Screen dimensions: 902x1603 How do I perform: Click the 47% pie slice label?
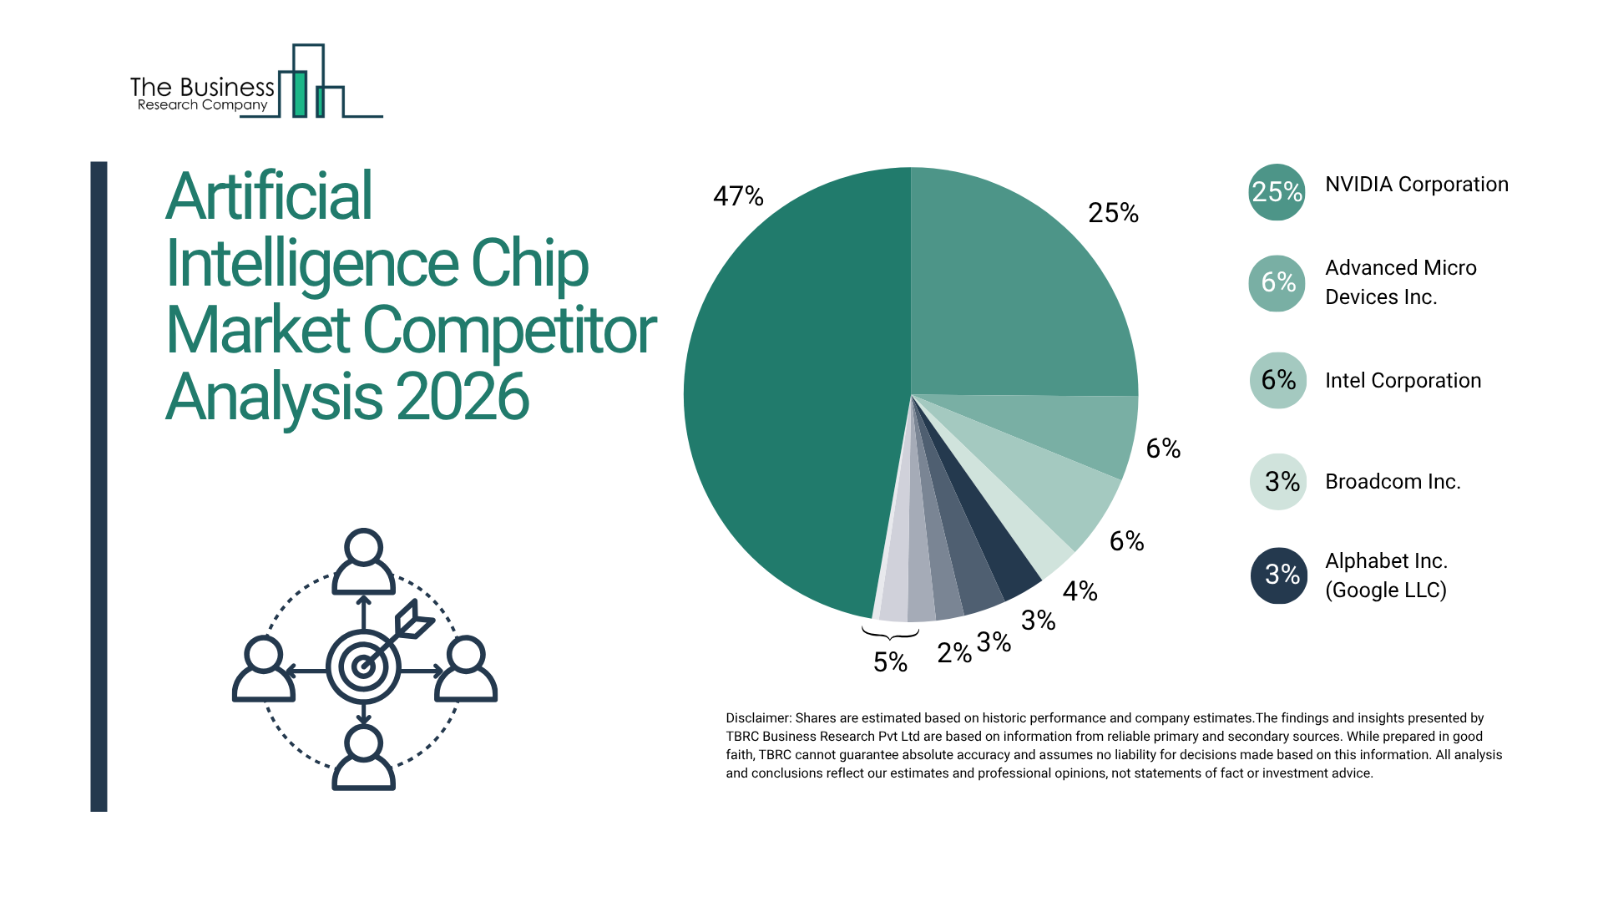[x=738, y=196]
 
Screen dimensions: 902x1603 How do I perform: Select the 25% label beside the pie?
[x=1113, y=213]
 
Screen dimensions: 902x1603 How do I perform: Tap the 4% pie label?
[x=1080, y=591]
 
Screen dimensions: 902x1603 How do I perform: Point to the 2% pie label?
[x=953, y=653]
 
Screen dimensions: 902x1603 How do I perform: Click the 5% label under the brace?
[x=890, y=662]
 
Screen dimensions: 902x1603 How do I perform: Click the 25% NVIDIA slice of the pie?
[x=1019, y=292]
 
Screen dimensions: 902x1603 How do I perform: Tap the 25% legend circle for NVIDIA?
[x=1277, y=192]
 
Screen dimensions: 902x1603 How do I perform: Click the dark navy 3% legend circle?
[x=1278, y=575]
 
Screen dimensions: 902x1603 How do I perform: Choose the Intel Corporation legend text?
[x=1403, y=381]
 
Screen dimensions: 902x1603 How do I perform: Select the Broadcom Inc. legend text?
[x=1393, y=482]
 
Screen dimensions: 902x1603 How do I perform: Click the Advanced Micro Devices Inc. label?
[x=1400, y=282]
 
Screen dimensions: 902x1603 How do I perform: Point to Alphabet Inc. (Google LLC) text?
[x=1386, y=575]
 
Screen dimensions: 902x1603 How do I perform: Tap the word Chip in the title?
[x=529, y=263]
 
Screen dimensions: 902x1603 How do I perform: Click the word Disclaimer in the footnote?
[x=757, y=718]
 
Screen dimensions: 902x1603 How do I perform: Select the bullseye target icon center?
[x=363, y=666]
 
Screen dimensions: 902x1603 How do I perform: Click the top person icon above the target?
[x=363, y=561]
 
